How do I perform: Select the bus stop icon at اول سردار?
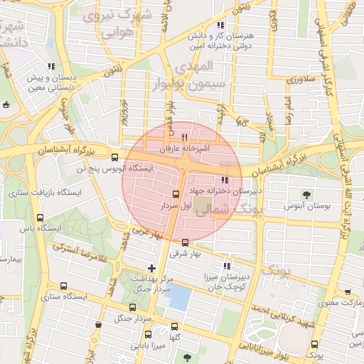point(176,193)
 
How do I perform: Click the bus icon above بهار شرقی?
point(186,242)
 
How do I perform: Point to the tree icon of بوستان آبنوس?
point(306,194)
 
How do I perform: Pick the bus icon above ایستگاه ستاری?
point(64,286)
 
